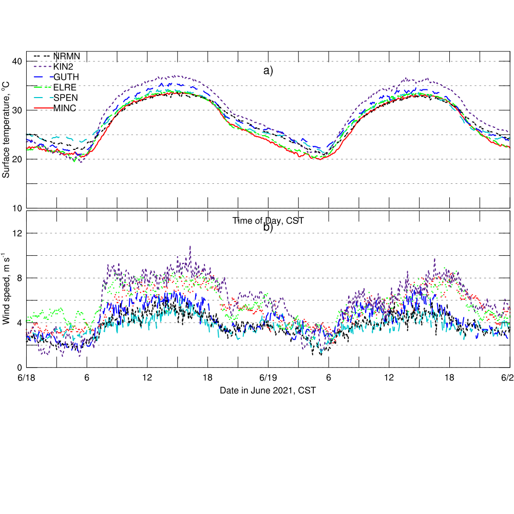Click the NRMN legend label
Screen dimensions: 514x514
pos(66,56)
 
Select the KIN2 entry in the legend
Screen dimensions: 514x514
pos(64,66)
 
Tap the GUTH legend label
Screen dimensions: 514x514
pos(66,77)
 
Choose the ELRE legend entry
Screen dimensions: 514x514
pos(65,87)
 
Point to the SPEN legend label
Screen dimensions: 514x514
pos(66,97)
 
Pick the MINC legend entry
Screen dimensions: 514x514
pos(65,107)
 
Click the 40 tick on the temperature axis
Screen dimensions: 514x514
pos(17,62)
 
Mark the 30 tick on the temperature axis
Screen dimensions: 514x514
pos(17,110)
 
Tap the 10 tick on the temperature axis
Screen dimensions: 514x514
pos(17,208)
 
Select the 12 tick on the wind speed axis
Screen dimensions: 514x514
pos(17,233)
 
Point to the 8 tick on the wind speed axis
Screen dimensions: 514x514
pos(19,278)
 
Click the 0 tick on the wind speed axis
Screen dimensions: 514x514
pos(19,368)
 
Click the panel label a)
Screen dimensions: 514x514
pos(268,71)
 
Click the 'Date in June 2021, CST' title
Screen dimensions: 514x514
pos(268,391)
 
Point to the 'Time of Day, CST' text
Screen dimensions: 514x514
pos(268,221)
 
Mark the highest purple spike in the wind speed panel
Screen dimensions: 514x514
pos(191,246)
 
